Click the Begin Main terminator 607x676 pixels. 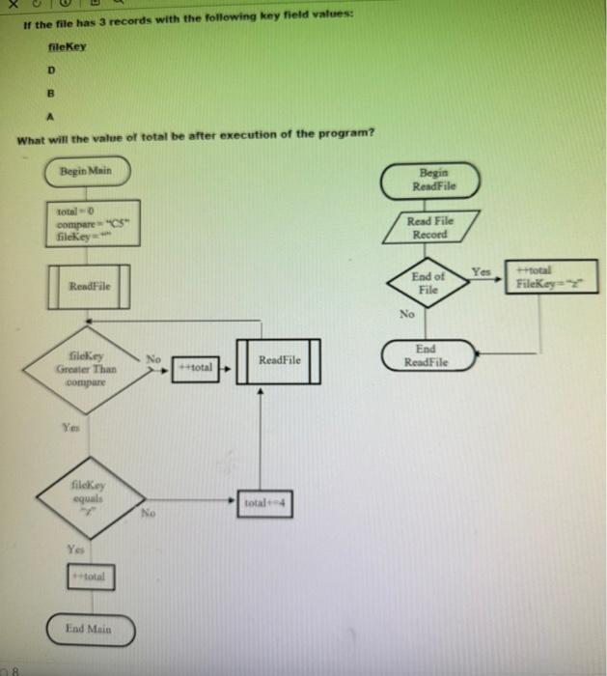[89, 171]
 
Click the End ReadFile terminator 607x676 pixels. [427, 354]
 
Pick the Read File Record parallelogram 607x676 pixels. [429, 229]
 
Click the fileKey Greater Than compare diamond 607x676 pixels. [85, 368]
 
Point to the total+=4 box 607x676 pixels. [269, 503]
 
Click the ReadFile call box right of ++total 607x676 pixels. [279, 360]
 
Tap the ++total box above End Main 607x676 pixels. [90, 577]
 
